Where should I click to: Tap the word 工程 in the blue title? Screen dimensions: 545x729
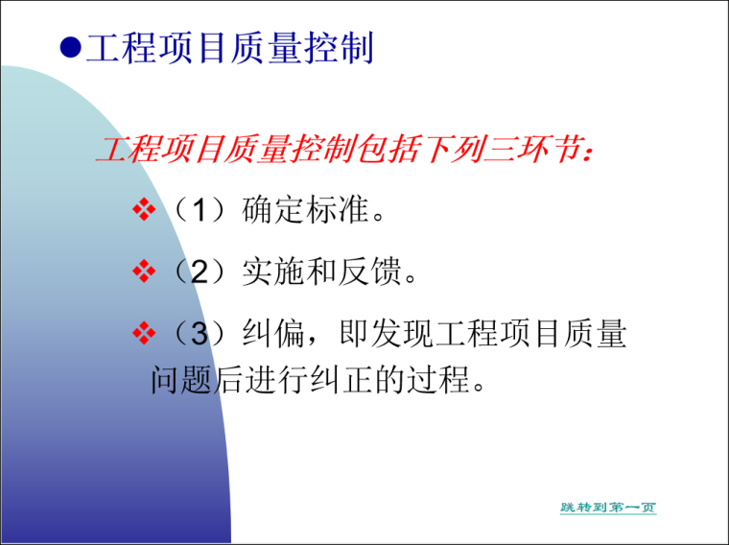point(121,48)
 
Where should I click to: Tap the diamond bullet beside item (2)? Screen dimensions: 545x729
point(143,273)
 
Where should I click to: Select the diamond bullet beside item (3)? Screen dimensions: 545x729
point(143,334)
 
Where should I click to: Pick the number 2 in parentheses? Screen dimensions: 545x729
point(199,274)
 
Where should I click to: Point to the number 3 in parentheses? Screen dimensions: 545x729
point(199,335)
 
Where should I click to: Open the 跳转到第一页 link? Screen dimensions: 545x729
point(608,507)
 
